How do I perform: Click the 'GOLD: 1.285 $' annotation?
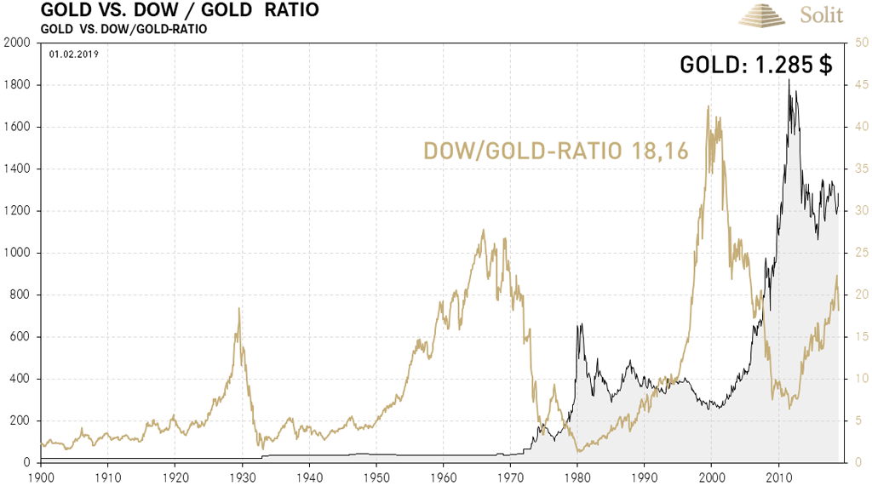click(755, 66)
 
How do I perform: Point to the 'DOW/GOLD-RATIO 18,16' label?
click(556, 152)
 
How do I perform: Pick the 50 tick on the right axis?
click(861, 43)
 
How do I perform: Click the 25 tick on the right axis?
click(861, 253)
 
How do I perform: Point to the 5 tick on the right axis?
click(858, 420)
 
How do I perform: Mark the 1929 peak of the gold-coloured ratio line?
click(238, 308)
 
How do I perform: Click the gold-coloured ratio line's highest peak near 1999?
click(708, 106)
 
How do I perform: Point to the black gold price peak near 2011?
click(789, 80)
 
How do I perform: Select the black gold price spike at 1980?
click(580, 324)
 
